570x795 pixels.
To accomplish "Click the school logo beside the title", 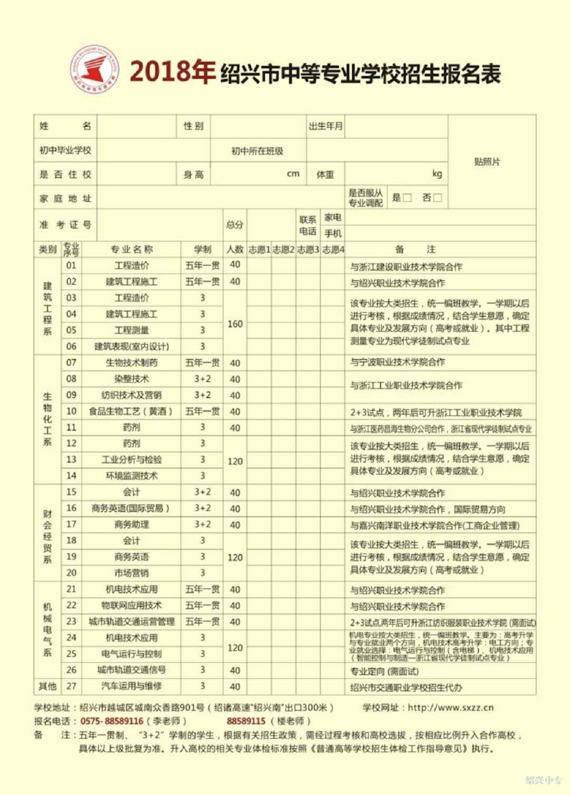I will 95,70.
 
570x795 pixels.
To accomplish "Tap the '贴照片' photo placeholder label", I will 487,162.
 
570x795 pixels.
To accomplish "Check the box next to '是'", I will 407,198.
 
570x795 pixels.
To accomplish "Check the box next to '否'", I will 437,198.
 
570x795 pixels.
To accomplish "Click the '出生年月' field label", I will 325,126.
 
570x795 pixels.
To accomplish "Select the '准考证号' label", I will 65,225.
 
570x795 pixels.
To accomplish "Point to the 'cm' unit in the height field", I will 293,174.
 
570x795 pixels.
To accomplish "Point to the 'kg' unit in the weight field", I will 437,174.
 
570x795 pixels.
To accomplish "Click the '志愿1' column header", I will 259,249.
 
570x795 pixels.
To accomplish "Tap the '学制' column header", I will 202,249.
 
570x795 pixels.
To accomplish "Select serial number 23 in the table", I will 71,621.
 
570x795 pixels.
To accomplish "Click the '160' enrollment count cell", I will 235,323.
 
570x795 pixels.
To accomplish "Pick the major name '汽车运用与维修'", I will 131,686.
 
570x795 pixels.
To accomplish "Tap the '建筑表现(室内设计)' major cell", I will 131,346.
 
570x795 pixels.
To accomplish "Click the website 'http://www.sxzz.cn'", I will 450,707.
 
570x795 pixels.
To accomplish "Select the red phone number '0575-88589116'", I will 112,721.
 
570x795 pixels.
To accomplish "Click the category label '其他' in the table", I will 47,686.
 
